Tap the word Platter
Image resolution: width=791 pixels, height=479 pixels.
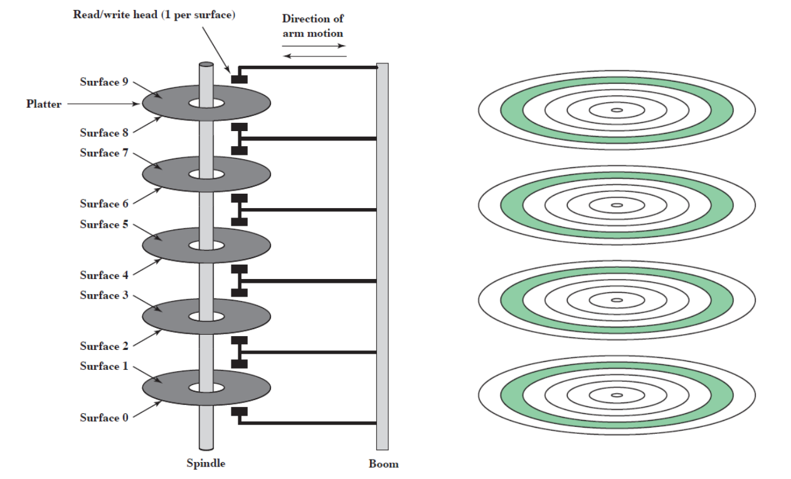point(44,104)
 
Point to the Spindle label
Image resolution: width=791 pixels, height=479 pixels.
point(206,464)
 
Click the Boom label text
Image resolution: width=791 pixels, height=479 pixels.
point(383,465)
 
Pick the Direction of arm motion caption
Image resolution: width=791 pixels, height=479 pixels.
point(312,26)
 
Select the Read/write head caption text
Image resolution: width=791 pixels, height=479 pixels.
point(154,14)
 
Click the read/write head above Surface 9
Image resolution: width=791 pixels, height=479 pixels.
point(239,78)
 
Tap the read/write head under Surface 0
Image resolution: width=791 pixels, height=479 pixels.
point(239,412)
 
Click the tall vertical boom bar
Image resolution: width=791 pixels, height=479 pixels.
point(382,251)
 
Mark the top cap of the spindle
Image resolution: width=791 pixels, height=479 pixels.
point(206,64)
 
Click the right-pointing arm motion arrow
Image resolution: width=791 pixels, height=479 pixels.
point(314,46)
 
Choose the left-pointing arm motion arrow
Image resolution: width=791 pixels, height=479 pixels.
point(314,56)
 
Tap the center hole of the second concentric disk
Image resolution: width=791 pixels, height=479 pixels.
point(617,204)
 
